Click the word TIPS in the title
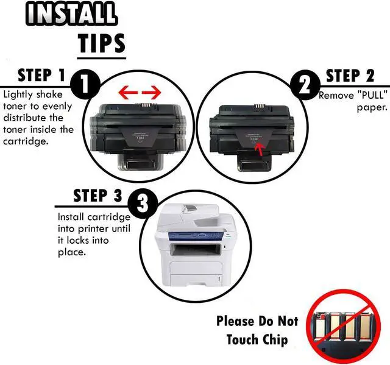click(x=101, y=43)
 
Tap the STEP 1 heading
click(x=41, y=76)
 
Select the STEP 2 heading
click(x=350, y=76)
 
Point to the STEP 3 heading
click(x=97, y=196)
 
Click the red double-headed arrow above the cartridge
click(x=140, y=93)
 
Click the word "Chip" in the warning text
click(x=272, y=339)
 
